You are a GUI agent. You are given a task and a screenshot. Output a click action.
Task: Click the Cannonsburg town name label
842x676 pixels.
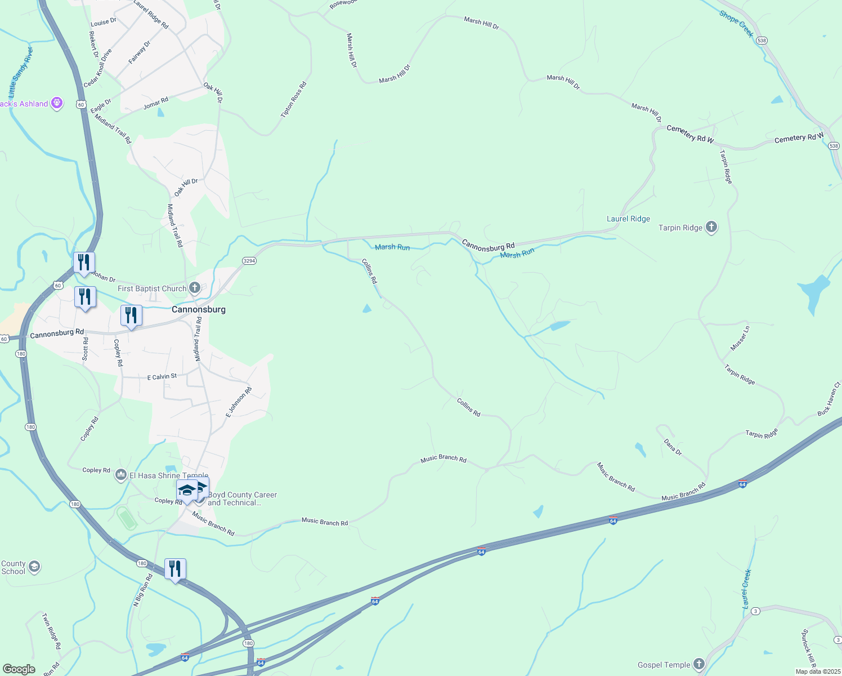tap(198, 309)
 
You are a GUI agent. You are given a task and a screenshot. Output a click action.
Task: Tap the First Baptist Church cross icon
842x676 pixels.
tap(194, 288)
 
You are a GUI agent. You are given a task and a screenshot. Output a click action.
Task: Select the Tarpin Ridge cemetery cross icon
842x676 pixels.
tap(711, 227)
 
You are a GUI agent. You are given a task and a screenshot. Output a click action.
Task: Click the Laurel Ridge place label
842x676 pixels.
tap(628, 219)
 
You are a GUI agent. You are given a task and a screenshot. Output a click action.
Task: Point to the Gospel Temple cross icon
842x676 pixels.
tap(699, 664)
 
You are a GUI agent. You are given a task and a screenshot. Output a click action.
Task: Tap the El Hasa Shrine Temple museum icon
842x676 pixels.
tap(121, 475)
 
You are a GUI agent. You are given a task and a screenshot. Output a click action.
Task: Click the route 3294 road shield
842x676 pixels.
tap(249, 261)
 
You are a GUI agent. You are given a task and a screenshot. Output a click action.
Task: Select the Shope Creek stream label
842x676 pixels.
tap(736, 24)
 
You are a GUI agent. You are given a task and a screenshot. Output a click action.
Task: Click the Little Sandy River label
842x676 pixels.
tap(21, 72)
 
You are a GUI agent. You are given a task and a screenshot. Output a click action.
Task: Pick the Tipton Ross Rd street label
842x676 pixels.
tap(294, 100)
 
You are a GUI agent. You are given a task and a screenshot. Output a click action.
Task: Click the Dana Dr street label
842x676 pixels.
tap(673, 447)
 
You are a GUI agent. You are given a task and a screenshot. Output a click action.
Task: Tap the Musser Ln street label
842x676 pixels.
tap(740, 339)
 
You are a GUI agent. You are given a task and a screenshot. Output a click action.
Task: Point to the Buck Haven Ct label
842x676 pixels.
tap(828, 399)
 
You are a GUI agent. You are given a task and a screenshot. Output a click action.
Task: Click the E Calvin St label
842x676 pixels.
tap(162, 376)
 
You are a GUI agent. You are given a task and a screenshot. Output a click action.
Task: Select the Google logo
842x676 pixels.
tap(19, 669)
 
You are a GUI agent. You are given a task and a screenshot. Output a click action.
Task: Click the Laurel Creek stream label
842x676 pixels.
tap(747, 589)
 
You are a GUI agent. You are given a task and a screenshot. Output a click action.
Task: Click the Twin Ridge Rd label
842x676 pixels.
tap(51, 631)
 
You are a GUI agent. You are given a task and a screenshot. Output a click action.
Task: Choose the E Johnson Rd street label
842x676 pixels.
tap(239, 402)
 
